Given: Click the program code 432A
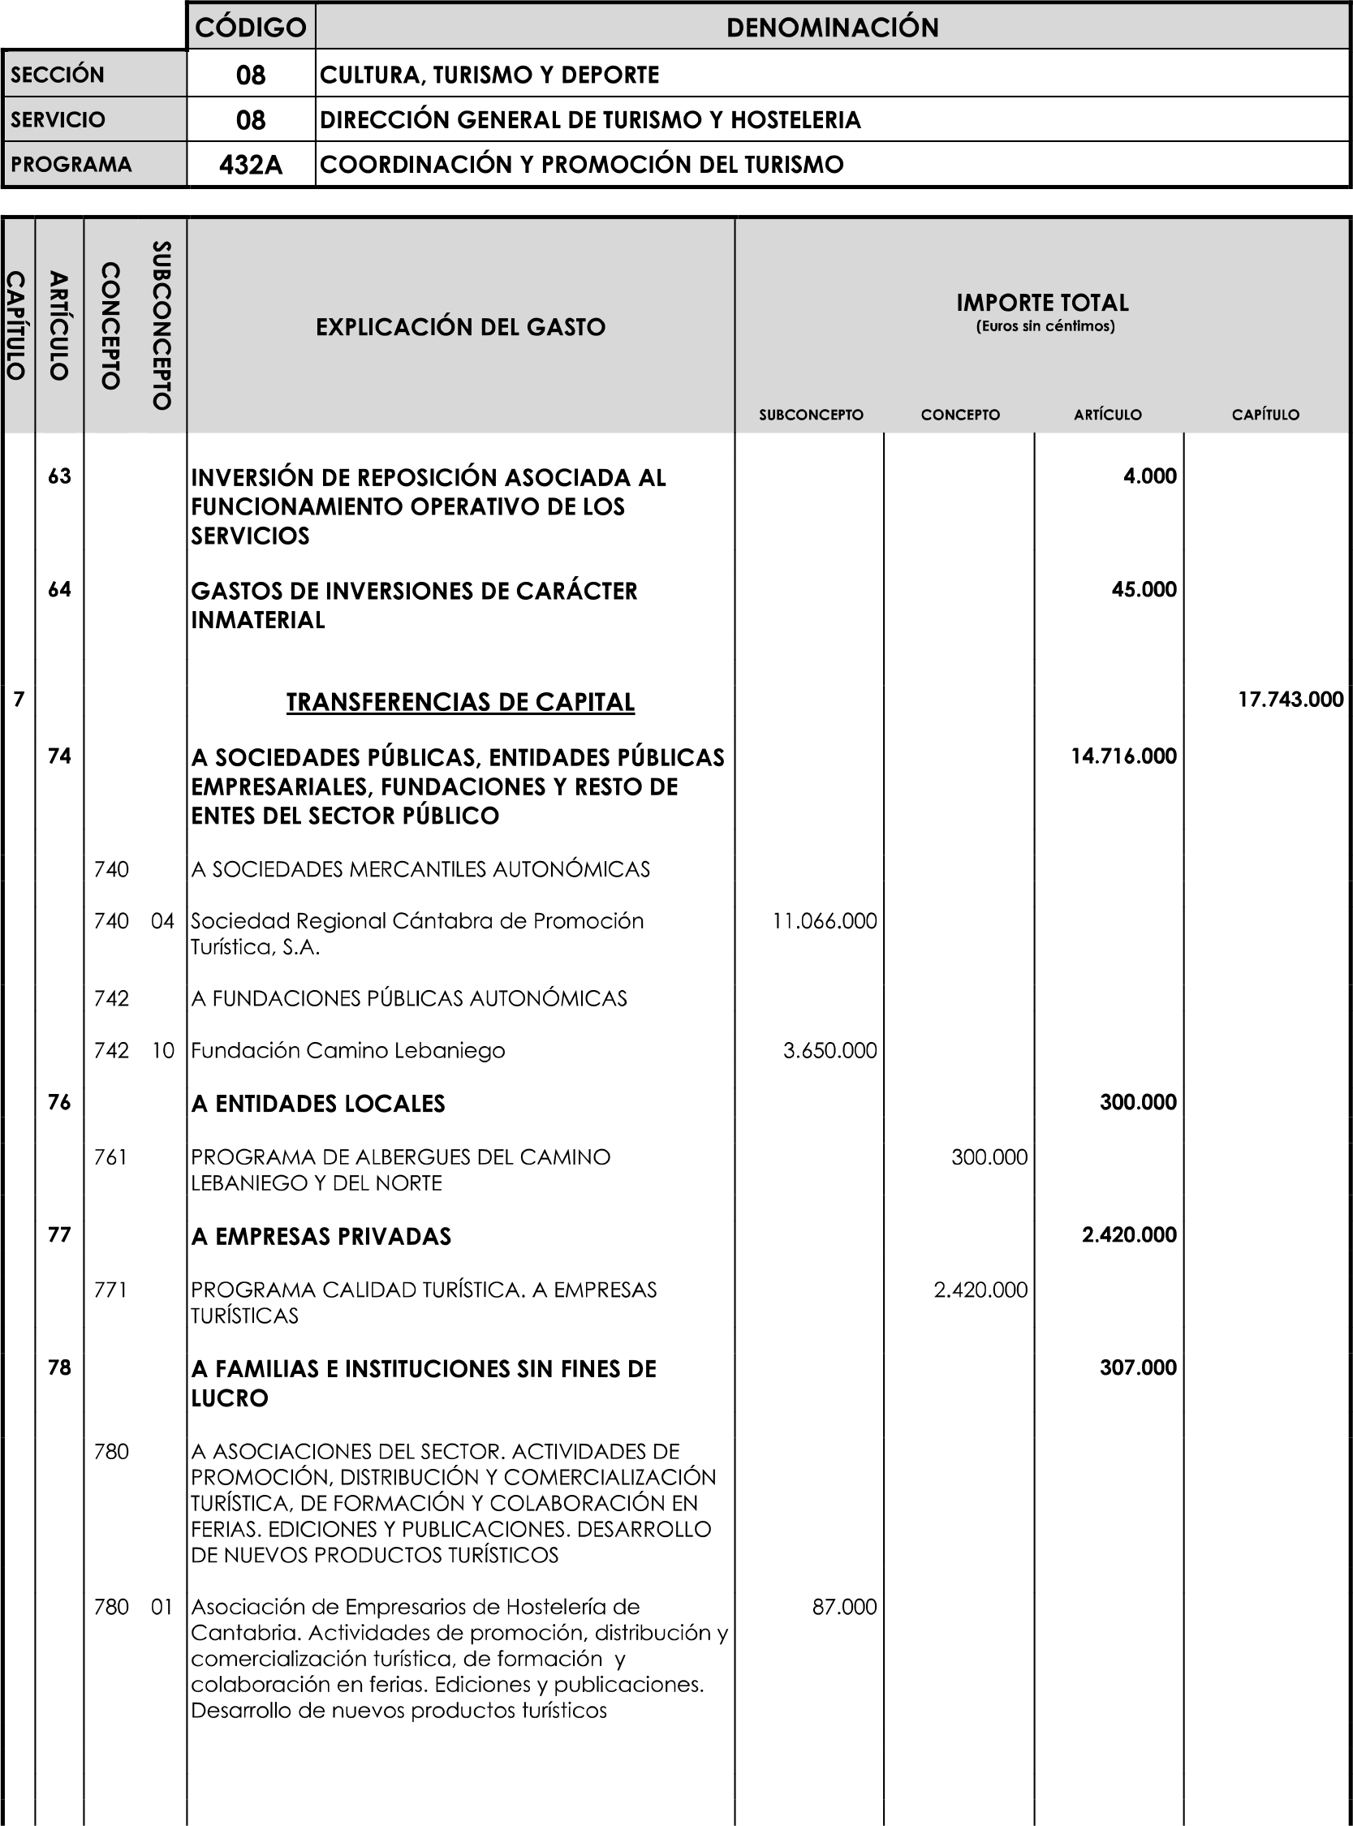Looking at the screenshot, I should pos(251,165).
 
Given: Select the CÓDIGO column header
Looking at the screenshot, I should pos(251,27).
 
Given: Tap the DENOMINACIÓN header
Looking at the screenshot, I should pos(832,27).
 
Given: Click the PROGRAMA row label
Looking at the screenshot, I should pos(71,165).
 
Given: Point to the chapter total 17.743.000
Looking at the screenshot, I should pos(1290,700).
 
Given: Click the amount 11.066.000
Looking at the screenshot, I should pos(825,921).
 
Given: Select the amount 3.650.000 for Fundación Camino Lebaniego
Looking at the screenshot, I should pos(829,1051).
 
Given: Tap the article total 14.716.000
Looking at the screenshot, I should pos(1123,756).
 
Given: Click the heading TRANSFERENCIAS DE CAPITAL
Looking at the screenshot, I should pos(460,703).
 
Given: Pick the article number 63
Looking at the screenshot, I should pos(60,476).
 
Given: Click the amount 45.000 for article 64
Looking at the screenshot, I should pos(1144,589).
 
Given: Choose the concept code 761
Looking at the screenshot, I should pos(110,1157).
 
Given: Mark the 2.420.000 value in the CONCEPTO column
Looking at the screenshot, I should pos(980,1290).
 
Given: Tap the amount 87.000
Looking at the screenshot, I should pos(844,1608).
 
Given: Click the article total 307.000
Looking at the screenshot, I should pos(1138,1367).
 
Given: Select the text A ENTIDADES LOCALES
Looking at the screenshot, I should pos(318,1104).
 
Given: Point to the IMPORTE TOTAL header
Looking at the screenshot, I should pos(1043,303).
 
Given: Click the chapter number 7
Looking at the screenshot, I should pos(18,700).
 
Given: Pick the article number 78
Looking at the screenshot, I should pos(60,1367).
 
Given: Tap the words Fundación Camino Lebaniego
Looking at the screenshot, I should pos(348,1051).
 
